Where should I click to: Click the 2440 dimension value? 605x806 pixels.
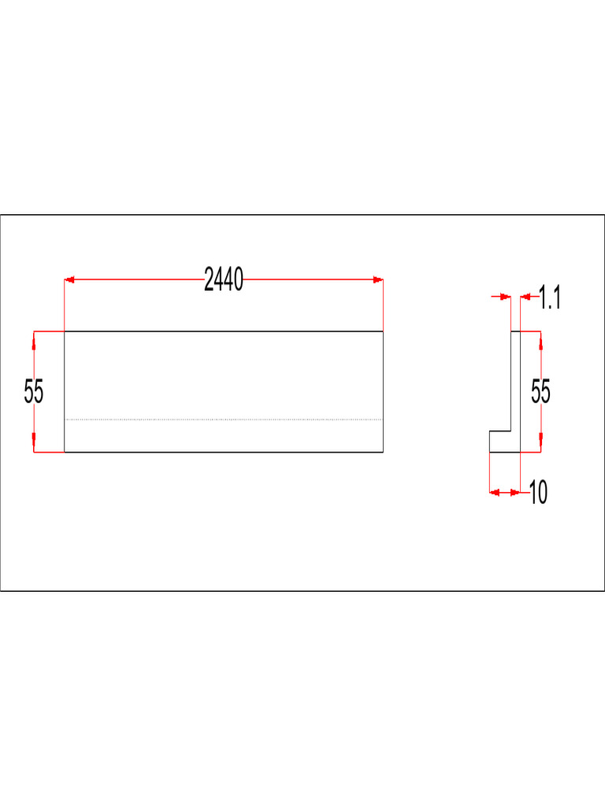tap(224, 279)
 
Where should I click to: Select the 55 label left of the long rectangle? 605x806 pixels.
tap(34, 392)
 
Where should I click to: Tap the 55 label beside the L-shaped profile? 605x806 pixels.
tap(540, 392)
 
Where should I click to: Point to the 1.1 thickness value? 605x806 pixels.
tap(551, 298)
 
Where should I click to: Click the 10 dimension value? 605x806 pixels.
tap(538, 494)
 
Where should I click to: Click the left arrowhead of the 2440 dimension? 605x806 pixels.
tap(69, 279)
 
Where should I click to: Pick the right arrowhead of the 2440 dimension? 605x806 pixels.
tap(378, 279)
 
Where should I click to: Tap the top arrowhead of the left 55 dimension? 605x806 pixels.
tap(34, 337)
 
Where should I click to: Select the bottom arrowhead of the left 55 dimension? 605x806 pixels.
tap(34, 447)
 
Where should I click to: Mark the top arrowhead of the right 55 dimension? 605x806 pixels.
tap(540, 337)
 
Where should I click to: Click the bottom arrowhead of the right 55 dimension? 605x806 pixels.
tap(540, 447)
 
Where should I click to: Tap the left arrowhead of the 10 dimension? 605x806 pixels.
tap(496, 493)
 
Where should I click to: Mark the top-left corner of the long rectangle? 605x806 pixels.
tap(64, 331)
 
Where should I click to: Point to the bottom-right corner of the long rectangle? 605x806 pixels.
tap(383, 453)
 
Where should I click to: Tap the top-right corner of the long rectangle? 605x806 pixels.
tap(383, 331)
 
